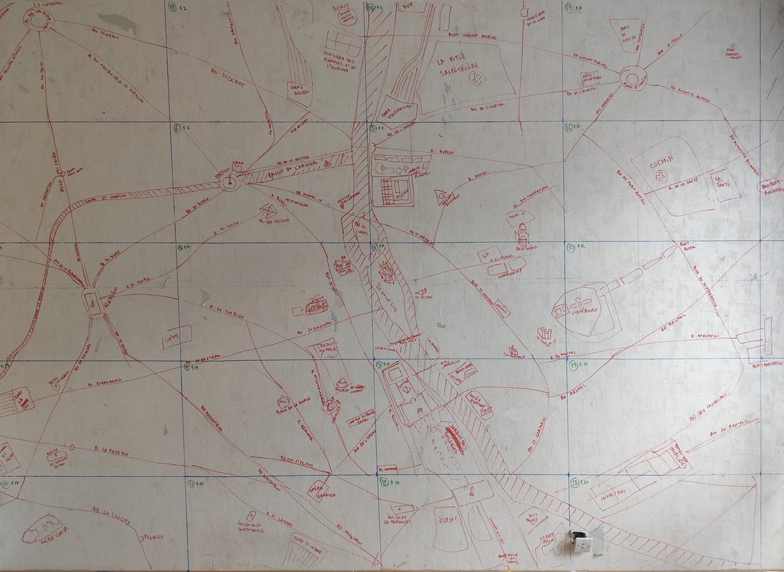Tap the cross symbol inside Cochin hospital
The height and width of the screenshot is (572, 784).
[x=661, y=175]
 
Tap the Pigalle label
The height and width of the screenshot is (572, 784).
[x=154, y=537]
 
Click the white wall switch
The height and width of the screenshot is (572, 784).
[x=580, y=542]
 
